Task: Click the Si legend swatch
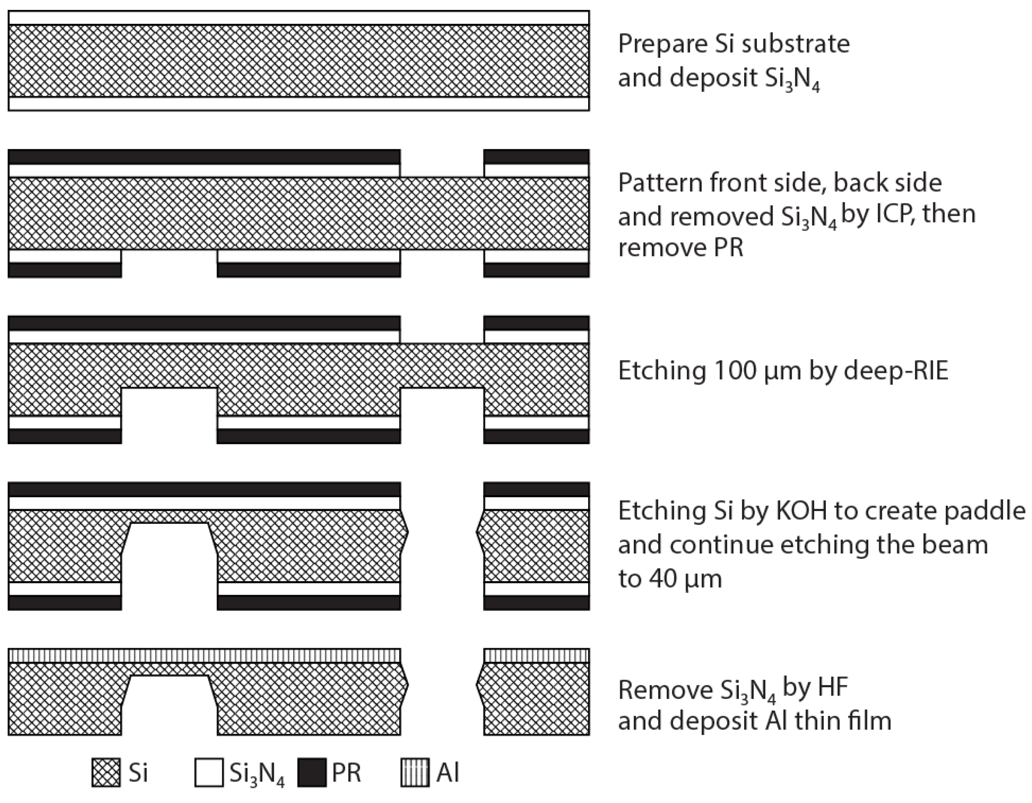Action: pos(106,773)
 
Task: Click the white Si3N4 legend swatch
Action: pos(209,773)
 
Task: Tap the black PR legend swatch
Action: pos(312,773)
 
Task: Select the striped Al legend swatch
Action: pos(415,773)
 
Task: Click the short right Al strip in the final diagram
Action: pos(536,656)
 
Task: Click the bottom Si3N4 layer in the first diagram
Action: pos(299,103)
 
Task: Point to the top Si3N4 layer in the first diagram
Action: pos(299,18)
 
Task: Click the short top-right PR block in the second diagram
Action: pos(536,157)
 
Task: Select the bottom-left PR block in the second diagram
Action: pos(65,270)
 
